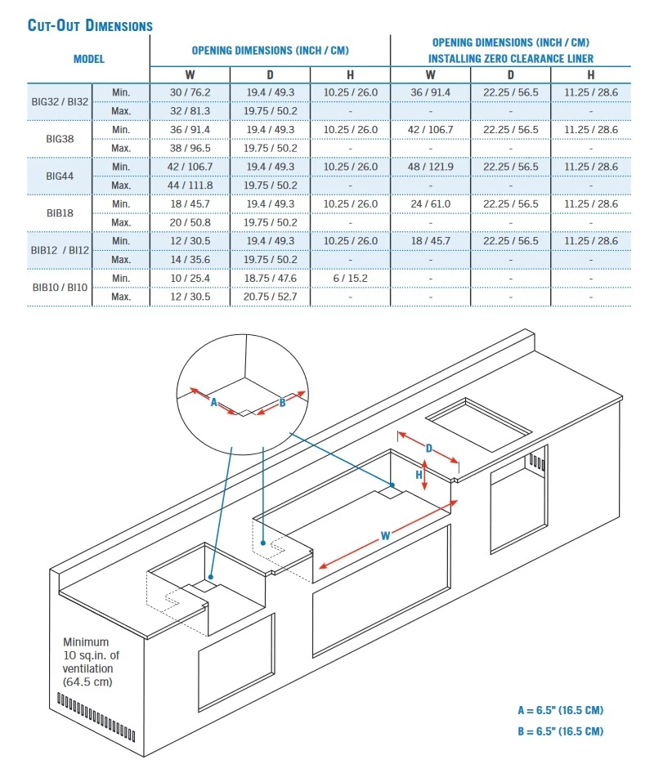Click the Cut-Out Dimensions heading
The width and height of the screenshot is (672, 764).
pos(90,25)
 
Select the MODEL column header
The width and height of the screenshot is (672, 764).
pos(89,59)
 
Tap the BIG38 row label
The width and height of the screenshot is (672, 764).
pos(60,139)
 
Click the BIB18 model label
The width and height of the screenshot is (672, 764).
pos(60,213)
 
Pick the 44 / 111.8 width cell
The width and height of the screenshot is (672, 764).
pos(190,185)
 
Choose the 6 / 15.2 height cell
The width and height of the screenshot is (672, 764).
pos(350,278)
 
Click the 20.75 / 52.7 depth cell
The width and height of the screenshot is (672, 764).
pos(270,297)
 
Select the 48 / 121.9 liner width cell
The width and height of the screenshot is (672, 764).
pos(431,167)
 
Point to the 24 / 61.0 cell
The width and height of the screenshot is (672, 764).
pos(431,203)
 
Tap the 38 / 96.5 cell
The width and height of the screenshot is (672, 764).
pos(190,148)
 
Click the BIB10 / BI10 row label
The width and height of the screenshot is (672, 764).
pos(60,288)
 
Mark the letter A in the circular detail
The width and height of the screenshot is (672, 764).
pos(213,403)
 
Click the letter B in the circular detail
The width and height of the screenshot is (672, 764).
pos(282,403)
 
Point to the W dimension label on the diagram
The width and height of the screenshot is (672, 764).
pos(385,536)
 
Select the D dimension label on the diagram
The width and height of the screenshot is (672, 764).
pos(429,449)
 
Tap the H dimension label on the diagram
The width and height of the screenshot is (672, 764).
pos(419,475)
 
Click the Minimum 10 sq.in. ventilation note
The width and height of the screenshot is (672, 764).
pos(91,662)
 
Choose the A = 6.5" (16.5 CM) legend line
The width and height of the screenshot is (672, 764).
pos(560,710)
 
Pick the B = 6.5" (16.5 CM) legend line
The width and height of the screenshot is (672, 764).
pos(560,731)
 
